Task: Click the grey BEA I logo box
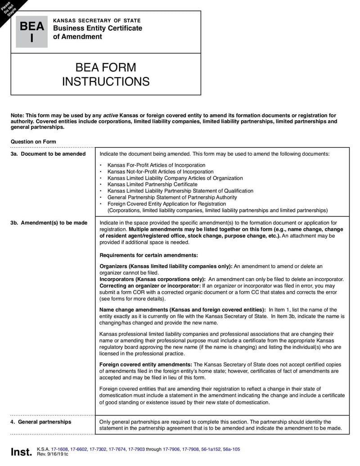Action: tap(31, 32)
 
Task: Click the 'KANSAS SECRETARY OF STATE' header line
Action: tap(97, 21)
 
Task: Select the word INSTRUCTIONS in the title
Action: tap(106, 81)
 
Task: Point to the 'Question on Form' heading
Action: tap(33, 142)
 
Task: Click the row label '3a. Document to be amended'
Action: tap(48, 154)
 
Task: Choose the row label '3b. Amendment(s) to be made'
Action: tap(49, 223)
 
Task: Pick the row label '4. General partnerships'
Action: tap(41, 422)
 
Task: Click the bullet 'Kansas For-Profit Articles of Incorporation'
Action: tap(156, 165)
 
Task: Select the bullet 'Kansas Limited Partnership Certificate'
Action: tap(152, 184)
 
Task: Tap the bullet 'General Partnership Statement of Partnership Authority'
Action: tap(172, 197)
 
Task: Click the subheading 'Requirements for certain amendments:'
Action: tap(148, 255)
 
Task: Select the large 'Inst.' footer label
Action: tap(21, 452)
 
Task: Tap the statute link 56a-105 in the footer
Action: tap(231, 449)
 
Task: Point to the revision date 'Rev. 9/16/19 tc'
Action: tap(53, 454)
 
